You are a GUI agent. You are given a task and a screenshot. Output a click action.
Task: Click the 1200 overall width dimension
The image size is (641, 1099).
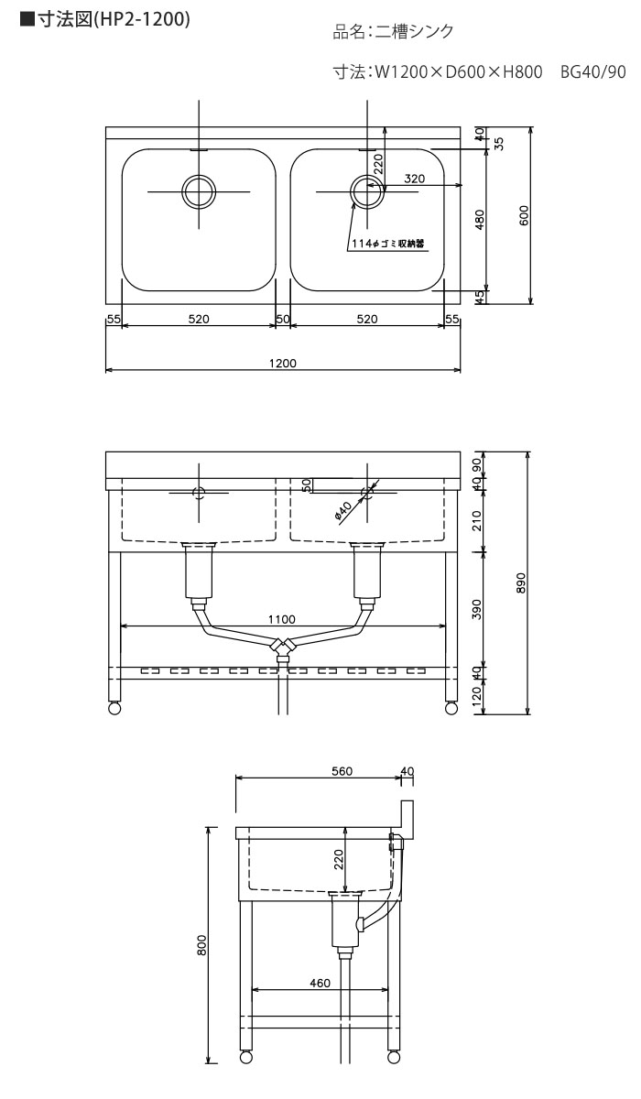[283, 363]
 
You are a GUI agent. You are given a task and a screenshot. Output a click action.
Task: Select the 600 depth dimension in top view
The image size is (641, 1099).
[525, 215]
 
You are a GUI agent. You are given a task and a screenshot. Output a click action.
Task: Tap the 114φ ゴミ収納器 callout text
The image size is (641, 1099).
[388, 244]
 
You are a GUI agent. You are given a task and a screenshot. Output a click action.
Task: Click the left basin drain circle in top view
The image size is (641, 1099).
[199, 191]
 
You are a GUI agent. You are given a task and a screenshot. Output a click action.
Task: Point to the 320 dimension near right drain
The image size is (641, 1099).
[415, 179]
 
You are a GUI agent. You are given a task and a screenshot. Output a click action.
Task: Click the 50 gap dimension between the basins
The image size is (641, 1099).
[283, 319]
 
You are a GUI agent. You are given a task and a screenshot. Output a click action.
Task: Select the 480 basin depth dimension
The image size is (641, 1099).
[480, 219]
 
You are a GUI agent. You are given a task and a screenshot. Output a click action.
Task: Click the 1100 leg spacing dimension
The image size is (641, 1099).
[282, 619]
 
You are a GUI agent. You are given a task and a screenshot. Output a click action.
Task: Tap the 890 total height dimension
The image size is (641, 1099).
[521, 582]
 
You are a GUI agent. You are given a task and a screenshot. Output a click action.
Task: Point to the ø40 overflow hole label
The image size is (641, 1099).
[342, 511]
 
